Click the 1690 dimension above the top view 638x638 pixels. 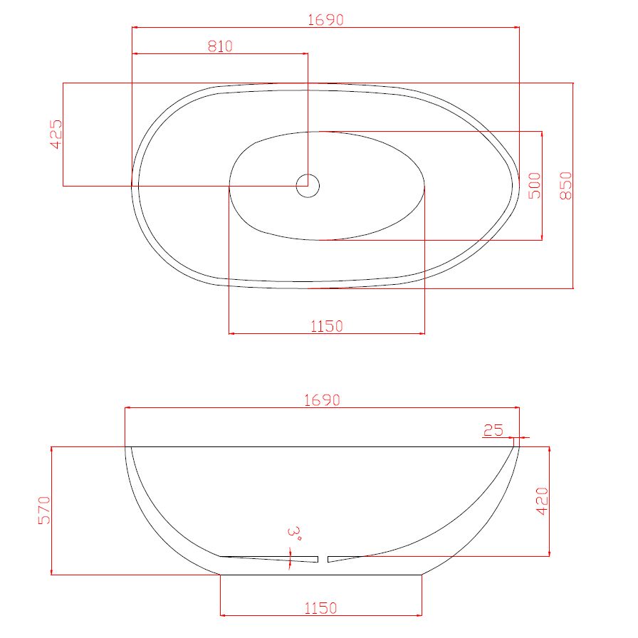click(x=325, y=19)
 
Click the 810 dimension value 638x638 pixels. click(x=220, y=46)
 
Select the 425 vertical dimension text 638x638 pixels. click(x=56, y=135)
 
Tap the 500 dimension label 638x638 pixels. click(x=534, y=186)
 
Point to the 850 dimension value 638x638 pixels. click(x=565, y=186)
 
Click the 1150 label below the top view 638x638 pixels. click(x=327, y=326)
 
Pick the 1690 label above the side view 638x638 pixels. click(x=322, y=400)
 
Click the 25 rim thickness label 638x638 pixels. click(x=493, y=430)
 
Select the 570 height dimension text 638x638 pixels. click(x=44, y=511)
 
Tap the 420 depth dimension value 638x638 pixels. click(x=542, y=501)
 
